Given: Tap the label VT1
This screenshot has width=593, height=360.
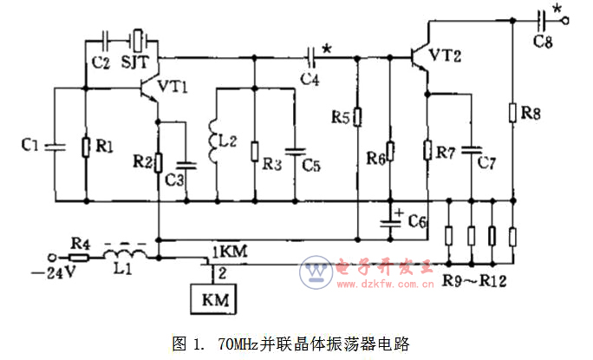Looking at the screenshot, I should click(173, 86).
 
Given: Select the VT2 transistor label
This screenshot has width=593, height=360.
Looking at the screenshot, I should click(446, 56).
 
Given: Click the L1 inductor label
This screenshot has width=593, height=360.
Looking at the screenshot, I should click(119, 268).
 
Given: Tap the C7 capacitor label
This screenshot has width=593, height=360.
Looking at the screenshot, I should click(486, 163).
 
